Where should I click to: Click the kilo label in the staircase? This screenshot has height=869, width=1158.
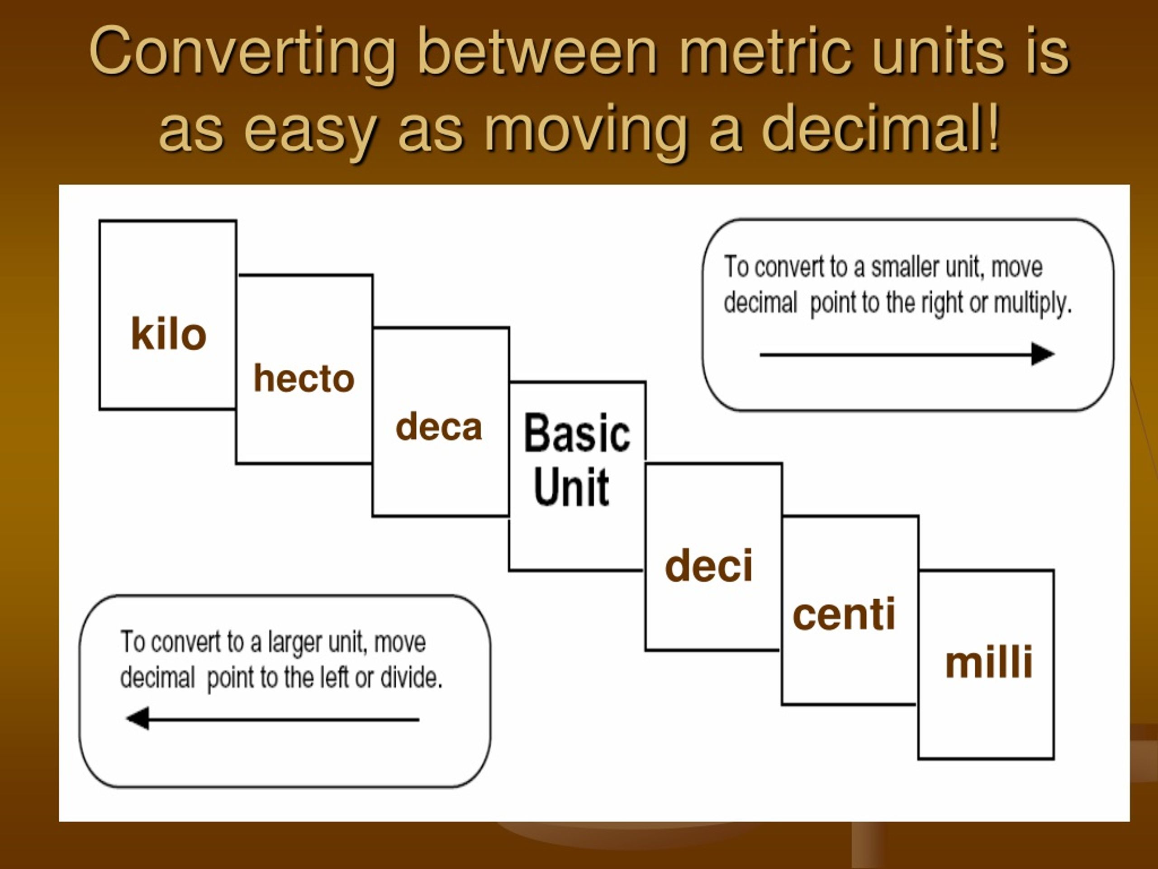tap(169, 333)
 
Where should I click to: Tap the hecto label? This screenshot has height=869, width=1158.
tap(304, 378)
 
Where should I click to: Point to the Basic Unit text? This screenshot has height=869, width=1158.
tap(577, 459)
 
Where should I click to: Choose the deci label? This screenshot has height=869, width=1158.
tap(709, 566)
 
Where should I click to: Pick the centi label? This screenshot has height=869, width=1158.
tap(844, 614)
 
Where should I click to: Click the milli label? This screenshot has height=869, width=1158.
tap(989, 662)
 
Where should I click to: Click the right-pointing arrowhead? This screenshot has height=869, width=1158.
tap(1043, 354)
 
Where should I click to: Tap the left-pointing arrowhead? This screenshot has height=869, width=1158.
tap(138, 718)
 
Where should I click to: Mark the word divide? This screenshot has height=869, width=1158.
tap(412, 678)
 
